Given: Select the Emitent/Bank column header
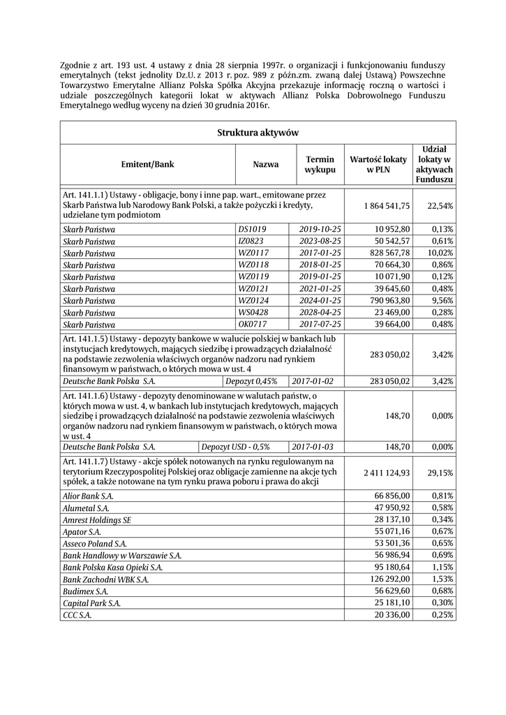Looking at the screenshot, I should [147, 165].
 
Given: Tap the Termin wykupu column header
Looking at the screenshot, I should [320, 165].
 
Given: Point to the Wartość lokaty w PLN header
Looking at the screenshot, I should [378, 165].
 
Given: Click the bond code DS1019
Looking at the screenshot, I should [252, 229].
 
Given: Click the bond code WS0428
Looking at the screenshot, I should [253, 312].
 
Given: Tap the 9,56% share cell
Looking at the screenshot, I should [442, 300].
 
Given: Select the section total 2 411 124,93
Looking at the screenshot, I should [387, 473].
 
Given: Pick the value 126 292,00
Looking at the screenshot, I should [389, 580].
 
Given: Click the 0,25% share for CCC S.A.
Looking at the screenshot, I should [442, 615].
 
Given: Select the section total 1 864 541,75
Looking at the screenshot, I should [387, 205].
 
